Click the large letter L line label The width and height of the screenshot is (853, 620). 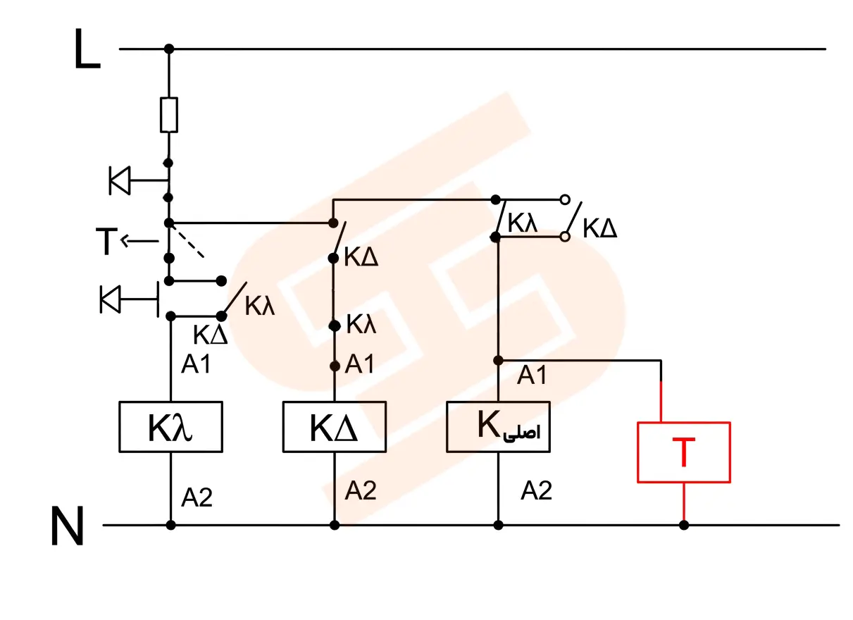(x=87, y=49)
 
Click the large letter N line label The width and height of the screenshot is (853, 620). (x=68, y=526)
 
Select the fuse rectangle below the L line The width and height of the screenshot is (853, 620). (x=168, y=115)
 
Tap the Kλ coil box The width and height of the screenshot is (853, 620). (x=170, y=426)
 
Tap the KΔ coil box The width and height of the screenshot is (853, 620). (x=335, y=426)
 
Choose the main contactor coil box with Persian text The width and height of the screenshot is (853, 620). (x=498, y=426)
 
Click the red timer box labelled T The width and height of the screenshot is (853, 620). (x=684, y=452)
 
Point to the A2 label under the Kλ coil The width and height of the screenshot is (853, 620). (x=197, y=497)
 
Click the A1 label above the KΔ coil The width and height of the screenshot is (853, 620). (x=359, y=364)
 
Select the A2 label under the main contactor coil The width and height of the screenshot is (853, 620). (x=536, y=490)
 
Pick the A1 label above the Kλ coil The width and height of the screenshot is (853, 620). (x=196, y=364)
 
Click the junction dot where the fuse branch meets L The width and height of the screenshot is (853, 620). (x=169, y=49)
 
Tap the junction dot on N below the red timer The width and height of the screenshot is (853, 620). (x=684, y=525)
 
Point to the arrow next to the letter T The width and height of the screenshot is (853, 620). (x=139, y=241)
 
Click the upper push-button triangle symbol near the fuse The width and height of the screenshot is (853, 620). (x=120, y=180)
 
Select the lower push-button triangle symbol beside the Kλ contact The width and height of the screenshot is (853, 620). (x=111, y=299)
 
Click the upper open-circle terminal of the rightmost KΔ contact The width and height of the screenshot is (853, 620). (x=565, y=199)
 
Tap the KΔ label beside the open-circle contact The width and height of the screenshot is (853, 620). (x=599, y=228)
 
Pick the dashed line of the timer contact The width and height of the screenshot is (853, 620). (x=187, y=241)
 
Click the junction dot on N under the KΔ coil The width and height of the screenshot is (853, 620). (x=335, y=525)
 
